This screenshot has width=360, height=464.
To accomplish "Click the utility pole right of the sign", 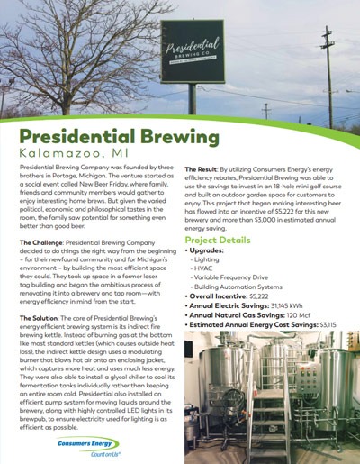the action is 328,68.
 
